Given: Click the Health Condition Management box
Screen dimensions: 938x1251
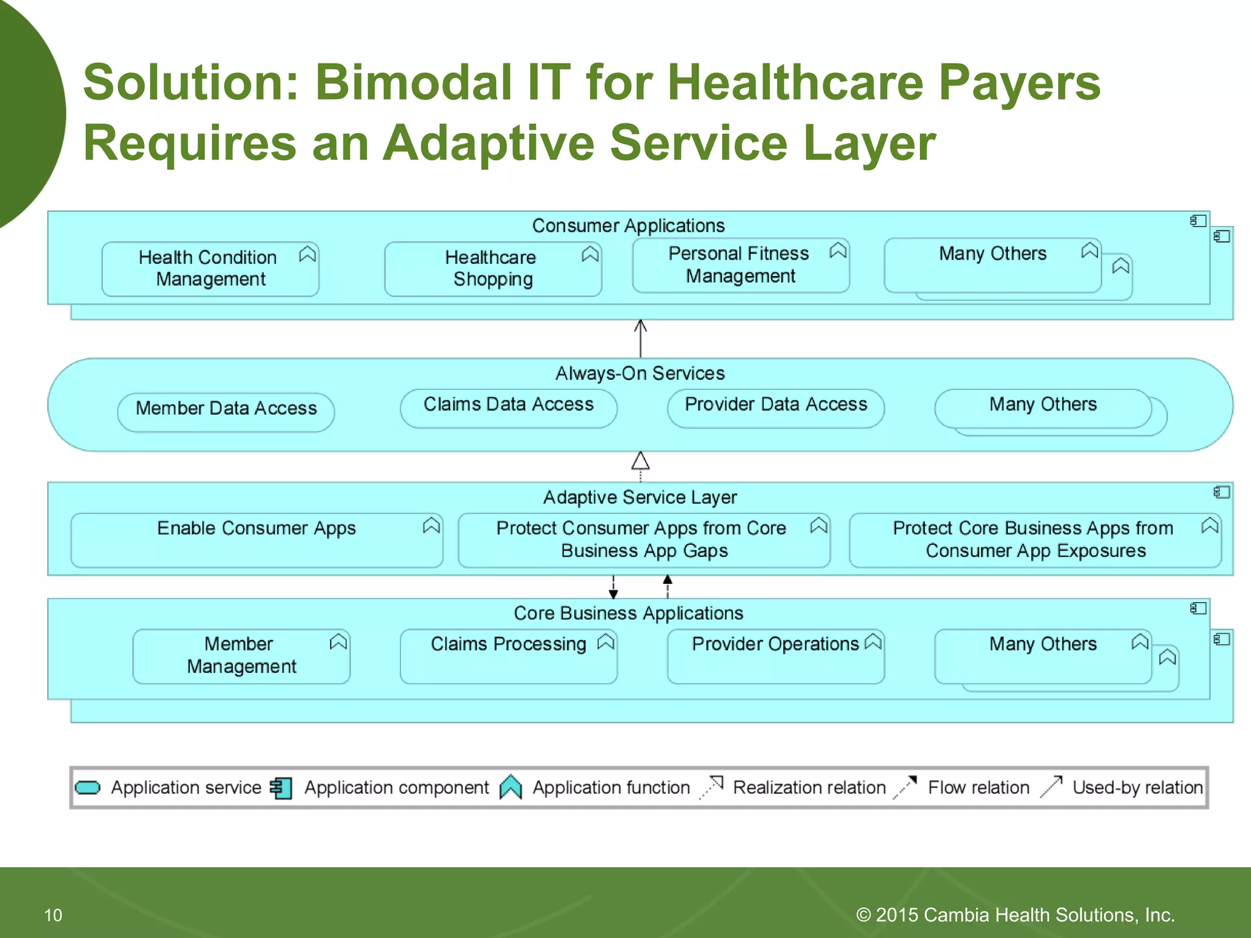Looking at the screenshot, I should [210, 269].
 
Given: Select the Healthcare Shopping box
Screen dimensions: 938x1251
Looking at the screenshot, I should [492, 269].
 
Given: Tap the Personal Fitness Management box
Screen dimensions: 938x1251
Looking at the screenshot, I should [740, 265].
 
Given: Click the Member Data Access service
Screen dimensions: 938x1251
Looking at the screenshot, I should [226, 409].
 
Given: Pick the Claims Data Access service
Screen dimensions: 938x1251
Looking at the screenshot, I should [508, 405].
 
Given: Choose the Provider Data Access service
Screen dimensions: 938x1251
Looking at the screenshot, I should [776, 405].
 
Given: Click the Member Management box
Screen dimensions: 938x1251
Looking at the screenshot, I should [241, 656].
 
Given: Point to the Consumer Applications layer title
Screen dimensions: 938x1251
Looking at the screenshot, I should [628, 226].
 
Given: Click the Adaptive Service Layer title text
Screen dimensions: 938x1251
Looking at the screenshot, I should [640, 497].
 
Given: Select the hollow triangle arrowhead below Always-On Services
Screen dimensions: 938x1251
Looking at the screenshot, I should [640, 461].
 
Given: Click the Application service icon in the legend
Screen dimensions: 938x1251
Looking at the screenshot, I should [88, 788].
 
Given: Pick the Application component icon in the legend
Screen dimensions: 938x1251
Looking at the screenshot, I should [282, 788].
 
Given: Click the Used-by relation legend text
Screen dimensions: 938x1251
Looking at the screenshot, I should [1137, 788].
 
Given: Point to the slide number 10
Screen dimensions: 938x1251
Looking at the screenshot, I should [53, 915].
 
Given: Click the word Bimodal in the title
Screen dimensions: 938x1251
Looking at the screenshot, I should [413, 82].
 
